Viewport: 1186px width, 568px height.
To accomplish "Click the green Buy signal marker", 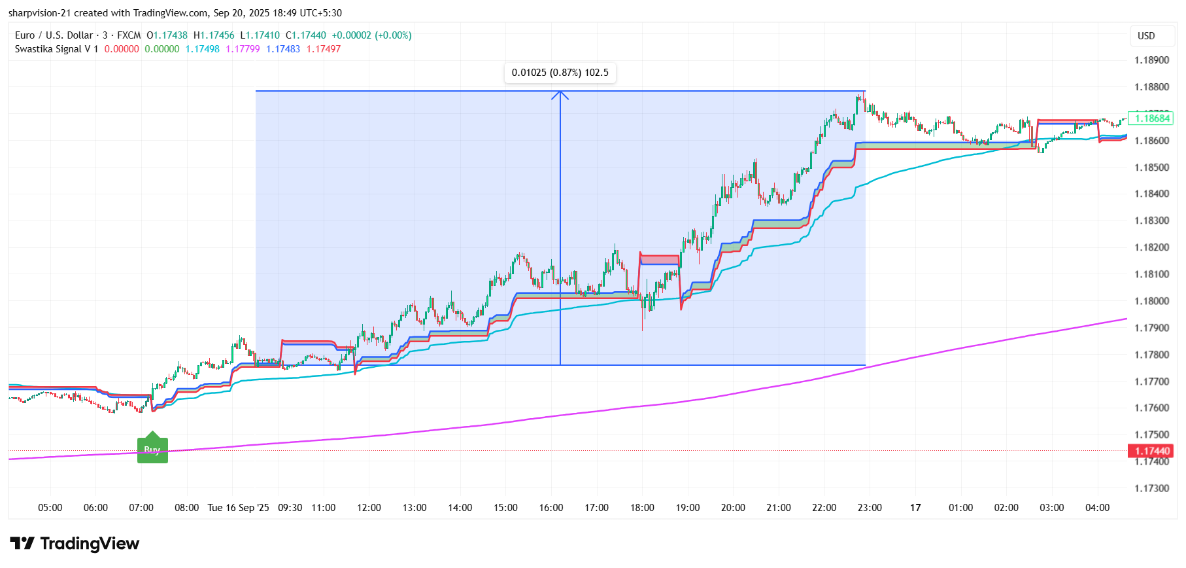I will (x=152, y=450).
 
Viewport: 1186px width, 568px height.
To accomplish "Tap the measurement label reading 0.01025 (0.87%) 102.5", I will (x=560, y=73).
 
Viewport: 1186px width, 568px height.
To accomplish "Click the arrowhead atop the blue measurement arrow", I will (x=560, y=95).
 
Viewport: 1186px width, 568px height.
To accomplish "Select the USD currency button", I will (x=1146, y=36).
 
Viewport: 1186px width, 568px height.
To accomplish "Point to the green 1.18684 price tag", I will (x=1151, y=118).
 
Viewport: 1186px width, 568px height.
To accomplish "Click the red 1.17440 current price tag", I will (x=1151, y=451).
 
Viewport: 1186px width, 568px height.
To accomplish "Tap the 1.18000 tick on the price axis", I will (x=1151, y=301).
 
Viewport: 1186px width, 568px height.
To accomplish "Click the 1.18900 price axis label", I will (x=1151, y=60).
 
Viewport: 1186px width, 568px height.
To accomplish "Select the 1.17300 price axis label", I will (x=1151, y=488).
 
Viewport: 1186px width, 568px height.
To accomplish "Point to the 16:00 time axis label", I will (x=551, y=508).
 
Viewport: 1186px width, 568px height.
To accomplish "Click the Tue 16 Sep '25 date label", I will (x=238, y=508).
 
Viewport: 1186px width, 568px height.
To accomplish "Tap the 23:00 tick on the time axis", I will (x=870, y=508).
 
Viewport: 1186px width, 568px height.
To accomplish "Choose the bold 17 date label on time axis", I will (x=915, y=508).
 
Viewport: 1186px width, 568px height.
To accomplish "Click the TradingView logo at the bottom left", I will (x=75, y=543).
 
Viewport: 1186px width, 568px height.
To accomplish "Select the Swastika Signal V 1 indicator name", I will (x=56, y=49).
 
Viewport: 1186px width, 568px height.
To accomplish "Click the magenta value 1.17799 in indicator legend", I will (x=243, y=49).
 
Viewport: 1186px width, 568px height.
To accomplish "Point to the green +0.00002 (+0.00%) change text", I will (x=371, y=35).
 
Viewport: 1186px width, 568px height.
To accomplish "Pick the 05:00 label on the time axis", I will (x=50, y=508).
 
